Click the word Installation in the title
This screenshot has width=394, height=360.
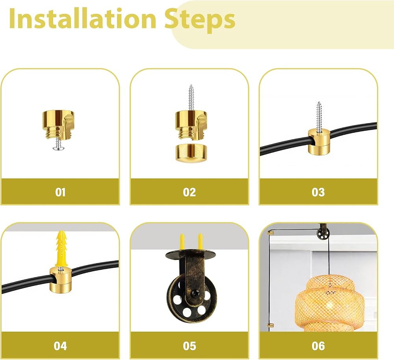(83, 19)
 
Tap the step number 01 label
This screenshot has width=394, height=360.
(60, 192)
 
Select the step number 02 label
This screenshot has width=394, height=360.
(189, 192)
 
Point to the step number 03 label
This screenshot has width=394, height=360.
(318, 192)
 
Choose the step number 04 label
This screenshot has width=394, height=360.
(60, 346)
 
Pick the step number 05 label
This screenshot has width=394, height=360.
(189, 346)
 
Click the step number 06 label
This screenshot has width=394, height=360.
(318, 346)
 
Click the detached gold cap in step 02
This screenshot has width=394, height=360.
(191, 153)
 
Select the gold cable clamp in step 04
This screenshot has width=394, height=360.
(61, 280)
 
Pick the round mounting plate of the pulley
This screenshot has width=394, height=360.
(190, 254)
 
